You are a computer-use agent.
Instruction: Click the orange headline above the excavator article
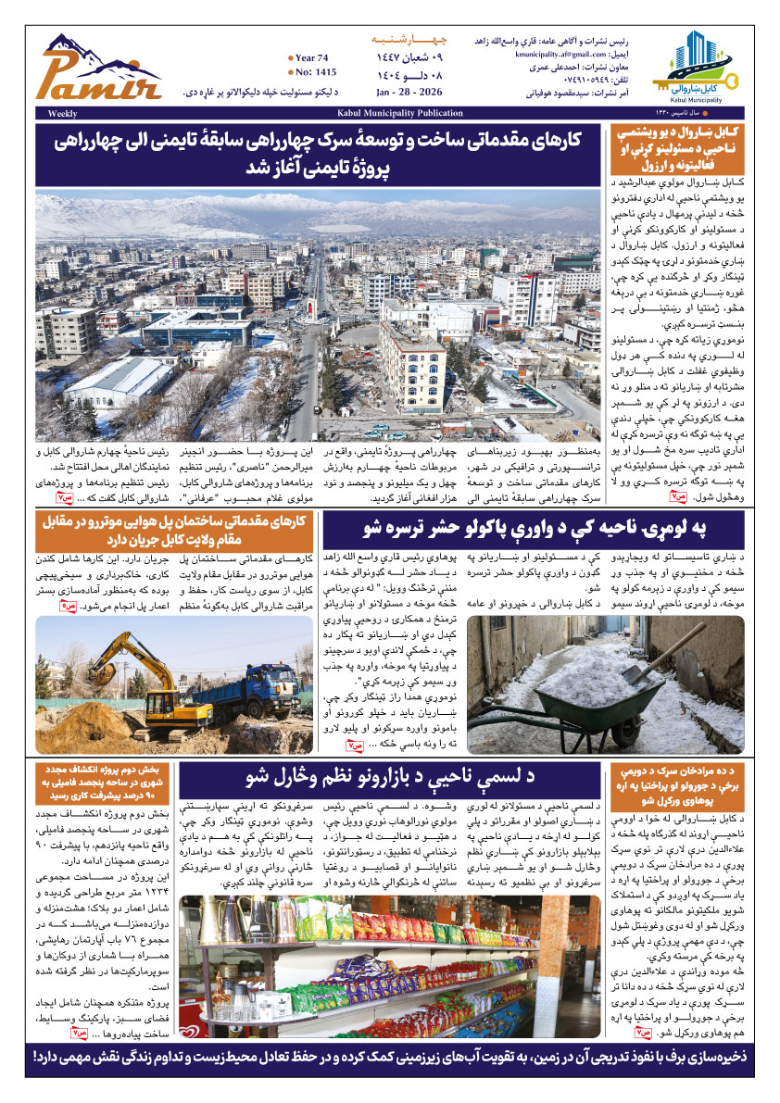175,528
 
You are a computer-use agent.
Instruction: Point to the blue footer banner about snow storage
390,1055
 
